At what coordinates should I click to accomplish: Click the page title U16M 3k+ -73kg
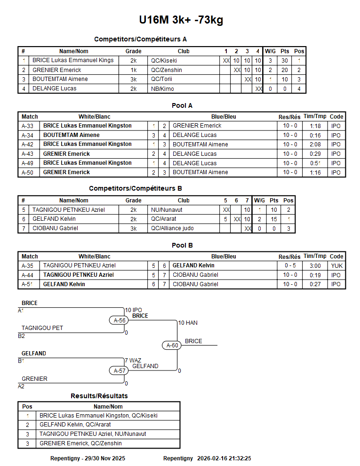(181, 20)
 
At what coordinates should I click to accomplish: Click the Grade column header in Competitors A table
(133, 51)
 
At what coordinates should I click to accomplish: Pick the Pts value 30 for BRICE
(285, 61)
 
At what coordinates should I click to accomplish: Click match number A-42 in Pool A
(27, 145)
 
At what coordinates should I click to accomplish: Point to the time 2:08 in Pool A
(315, 145)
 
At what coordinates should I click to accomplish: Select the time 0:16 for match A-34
(315, 135)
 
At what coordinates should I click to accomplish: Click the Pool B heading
(182, 245)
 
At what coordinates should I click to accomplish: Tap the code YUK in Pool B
(336, 265)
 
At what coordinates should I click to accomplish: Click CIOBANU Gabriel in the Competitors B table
(56, 228)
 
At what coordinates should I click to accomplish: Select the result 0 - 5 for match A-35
(290, 265)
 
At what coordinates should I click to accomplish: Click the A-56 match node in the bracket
(120, 320)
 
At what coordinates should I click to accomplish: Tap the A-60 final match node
(173, 345)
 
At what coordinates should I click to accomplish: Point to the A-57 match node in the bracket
(120, 370)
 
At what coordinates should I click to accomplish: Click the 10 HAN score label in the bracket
(187, 323)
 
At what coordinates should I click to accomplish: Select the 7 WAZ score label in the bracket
(133, 361)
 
